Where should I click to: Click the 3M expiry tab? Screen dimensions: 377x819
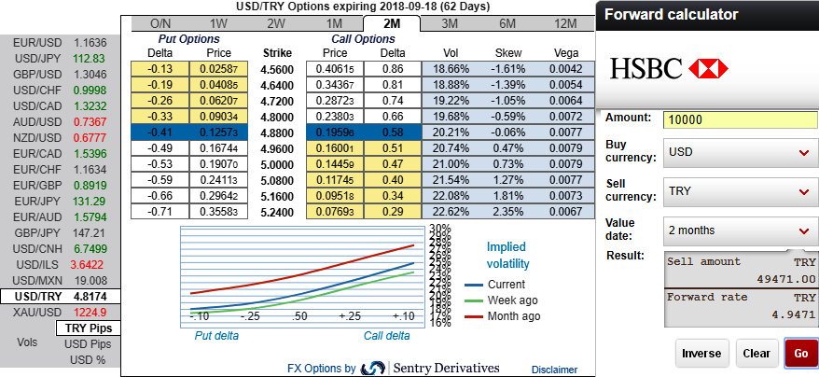coord(449,23)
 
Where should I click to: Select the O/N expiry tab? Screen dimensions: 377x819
coord(160,23)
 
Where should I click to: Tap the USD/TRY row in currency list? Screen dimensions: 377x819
coord(60,296)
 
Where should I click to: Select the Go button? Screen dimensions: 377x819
coord(800,354)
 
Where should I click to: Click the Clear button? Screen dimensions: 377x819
coord(756,354)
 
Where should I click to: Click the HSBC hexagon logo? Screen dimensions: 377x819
coord(708,68)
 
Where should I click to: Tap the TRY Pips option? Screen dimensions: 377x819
coord(88,328)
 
